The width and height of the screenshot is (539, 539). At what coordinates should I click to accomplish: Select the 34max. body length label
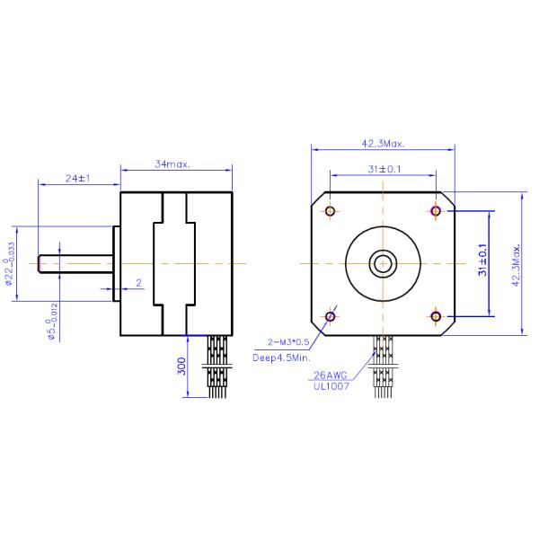coord(172,164)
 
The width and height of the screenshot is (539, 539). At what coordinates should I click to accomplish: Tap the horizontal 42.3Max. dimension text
coord(384,143)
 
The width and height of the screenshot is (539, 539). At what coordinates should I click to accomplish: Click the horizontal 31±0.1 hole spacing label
coord(384,169)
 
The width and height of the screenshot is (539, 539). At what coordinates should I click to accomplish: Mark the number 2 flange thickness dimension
coord(137,283)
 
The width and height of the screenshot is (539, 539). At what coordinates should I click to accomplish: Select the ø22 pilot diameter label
coord(11,263)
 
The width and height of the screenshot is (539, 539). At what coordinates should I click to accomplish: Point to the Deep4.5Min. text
coord(280,358)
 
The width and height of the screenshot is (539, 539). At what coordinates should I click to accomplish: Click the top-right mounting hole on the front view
coord(437,211)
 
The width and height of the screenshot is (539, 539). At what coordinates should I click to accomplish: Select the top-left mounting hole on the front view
coord(331,211)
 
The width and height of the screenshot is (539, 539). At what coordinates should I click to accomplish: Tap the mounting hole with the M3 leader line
coord(331,315)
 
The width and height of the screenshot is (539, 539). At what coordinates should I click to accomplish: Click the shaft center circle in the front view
coord(384,263)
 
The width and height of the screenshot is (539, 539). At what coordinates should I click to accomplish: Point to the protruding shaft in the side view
coord(76,263)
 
